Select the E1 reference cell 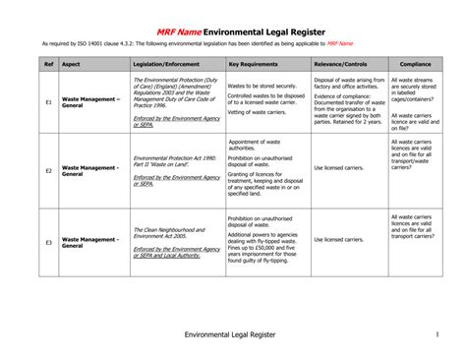(x=47, y=101)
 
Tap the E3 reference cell (x=47, y=241)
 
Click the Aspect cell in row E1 (x=90, y=101)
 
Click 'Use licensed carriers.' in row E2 (x=339, y=168)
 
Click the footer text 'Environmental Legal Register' (x=231, y=335)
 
